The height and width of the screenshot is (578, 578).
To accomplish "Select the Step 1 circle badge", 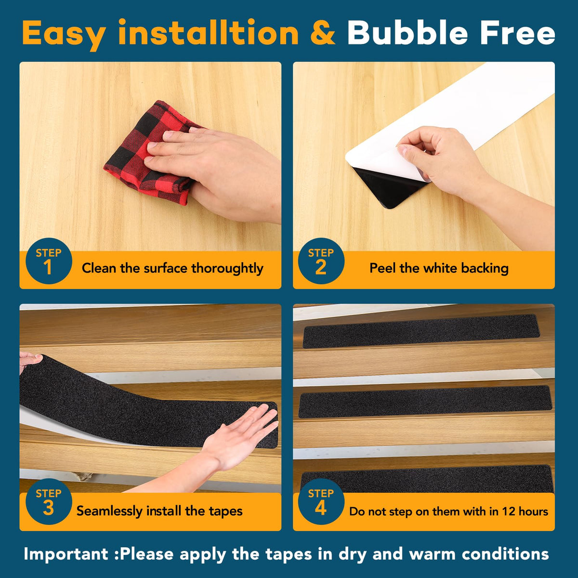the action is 49,261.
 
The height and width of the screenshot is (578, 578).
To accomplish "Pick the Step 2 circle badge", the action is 321,261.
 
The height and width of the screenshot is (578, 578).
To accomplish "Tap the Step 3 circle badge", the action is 49,501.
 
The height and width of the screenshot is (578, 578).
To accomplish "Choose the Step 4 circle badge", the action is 321,501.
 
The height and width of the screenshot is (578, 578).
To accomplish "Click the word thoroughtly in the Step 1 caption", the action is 227,268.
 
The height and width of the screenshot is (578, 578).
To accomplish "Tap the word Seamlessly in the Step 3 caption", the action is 109,511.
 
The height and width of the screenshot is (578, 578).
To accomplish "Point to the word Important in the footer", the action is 66,554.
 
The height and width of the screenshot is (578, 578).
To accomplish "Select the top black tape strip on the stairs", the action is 421,331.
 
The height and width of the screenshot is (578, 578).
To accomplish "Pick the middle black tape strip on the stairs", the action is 425,401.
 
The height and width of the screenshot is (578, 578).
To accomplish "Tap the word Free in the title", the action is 518,33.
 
